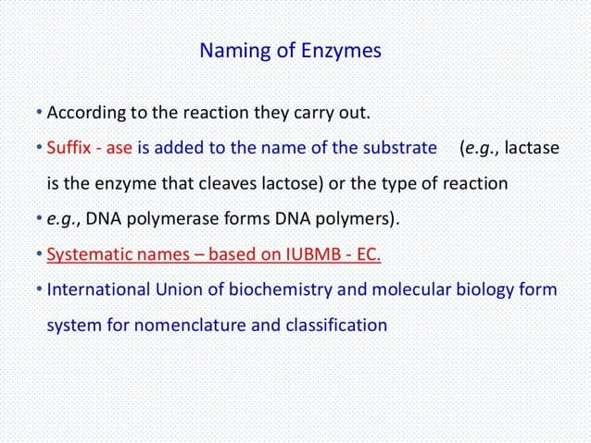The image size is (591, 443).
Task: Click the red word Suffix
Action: click(x=69, y=148)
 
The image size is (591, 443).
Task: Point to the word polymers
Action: click(x=356, y=219)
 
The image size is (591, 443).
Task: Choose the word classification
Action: click(x=339, y=325)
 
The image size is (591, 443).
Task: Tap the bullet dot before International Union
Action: click(x=40, y=289)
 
